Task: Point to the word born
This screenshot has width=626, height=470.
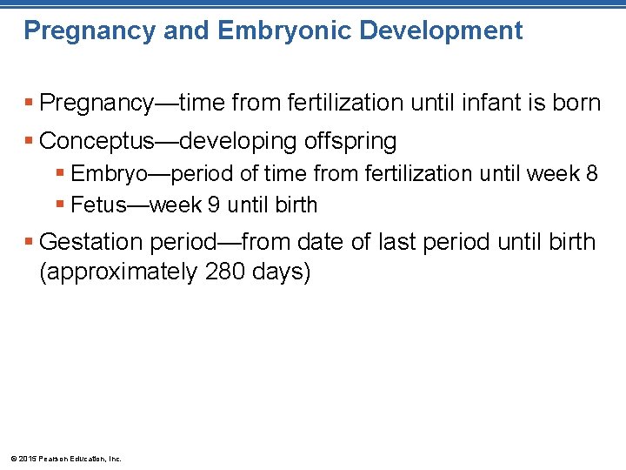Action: tap(576, 103)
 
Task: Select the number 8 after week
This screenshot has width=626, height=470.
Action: tap(591, 174)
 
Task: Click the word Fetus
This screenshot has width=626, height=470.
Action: tap(97, 205)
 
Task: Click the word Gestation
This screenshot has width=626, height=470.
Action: tap(91, 241)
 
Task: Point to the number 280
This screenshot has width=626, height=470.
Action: tap(224, 272)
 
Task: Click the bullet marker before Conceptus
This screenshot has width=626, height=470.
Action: tap(30, 140)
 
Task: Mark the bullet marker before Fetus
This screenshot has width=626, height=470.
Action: tap(60, 205)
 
